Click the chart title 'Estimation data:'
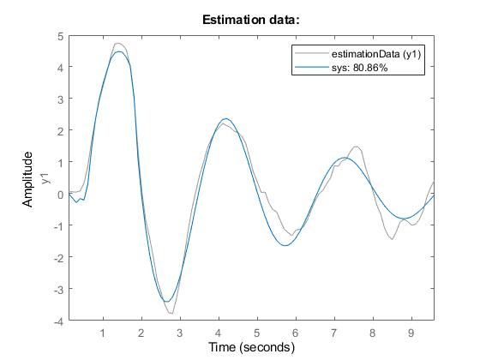(x=250, y=20)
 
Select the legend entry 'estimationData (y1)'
(x=376, y=54)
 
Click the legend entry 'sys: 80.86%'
(x=360, y=68)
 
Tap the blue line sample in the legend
(x=312, y=67)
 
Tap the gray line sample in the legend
(x=312, y=53)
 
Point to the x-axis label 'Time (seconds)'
(x=251, y=347)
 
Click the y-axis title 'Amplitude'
(x=27, y=179)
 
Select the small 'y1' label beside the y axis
(x=45, y=178)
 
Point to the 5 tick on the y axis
(x=60, y=36)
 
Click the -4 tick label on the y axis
(x=58, y=321)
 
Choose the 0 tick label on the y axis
(x=60, y=195)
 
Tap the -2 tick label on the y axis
(x=58, y=258)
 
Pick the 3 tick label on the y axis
(x=60, y=99)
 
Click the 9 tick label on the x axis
(x=411, y=333)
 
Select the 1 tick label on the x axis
(x=103, y=333)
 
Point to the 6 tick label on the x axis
(x=296, y=333)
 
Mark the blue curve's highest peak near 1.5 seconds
(x=119, y=51)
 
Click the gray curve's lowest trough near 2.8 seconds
(x=171, y=313)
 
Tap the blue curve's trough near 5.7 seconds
(x=285, y=245)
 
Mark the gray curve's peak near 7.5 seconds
(x=357, y=147)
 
